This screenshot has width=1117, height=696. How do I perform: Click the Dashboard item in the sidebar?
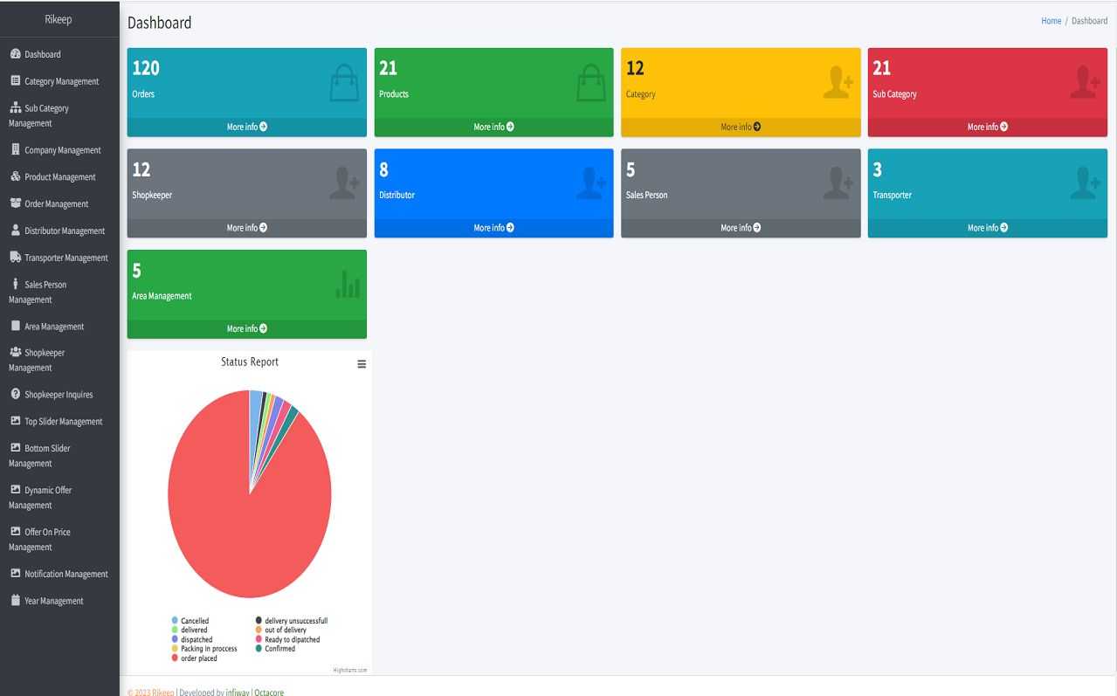[42, 54]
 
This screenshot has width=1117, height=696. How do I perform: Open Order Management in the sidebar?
[56, 203]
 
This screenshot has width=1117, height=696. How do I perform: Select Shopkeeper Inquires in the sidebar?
[58, 394]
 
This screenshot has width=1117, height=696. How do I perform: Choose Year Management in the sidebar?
[53, 601]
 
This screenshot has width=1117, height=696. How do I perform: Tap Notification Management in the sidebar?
[66, 574]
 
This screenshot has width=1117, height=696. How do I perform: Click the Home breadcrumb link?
[1051, 21]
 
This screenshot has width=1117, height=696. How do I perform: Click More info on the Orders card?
[246, 127]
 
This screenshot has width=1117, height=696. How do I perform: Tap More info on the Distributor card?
[493, 228]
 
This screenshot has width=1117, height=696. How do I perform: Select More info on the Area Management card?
[246, 328]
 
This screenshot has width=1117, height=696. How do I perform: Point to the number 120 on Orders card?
[146, 68]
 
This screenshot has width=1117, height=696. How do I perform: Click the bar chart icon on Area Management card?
[348, 284]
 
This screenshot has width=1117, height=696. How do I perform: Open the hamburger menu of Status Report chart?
[362, 364]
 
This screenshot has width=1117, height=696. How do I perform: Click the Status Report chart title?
[250, 362]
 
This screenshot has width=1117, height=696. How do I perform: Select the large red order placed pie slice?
[236, 524]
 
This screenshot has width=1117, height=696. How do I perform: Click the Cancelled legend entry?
[194, 621]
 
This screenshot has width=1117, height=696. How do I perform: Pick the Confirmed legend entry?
[279, 649]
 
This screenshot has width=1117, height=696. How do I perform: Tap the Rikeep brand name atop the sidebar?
[59, 18]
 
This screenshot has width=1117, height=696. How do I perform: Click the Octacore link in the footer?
[269, 693]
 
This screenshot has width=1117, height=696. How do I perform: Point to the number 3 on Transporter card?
[878, 169]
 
